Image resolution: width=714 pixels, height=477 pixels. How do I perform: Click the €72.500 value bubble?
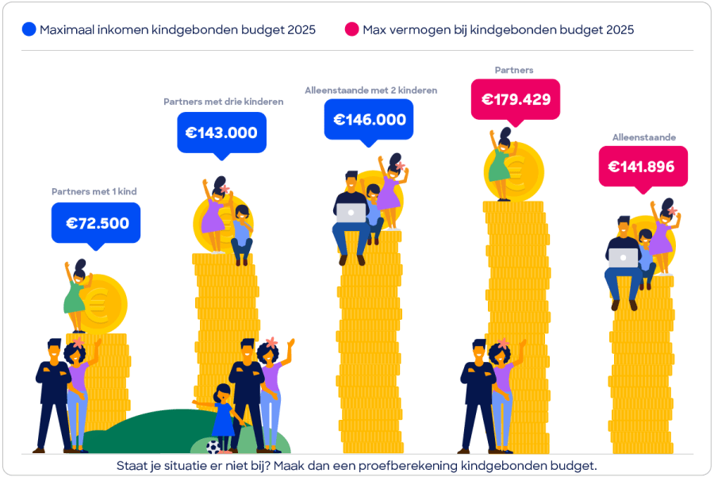96,223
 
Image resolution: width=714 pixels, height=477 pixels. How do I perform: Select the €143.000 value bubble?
221,133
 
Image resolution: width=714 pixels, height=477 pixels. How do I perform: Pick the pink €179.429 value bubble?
516,100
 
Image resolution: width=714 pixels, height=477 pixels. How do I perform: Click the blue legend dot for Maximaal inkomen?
29,29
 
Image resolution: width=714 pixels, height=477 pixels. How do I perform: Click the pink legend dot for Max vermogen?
352,29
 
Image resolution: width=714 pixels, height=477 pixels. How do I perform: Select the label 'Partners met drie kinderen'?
223,102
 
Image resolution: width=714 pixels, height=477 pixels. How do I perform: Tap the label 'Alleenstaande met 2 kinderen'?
370,90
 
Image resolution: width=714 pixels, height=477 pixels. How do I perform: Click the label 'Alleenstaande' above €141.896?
643,137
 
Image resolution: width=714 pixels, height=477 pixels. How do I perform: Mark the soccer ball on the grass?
213,446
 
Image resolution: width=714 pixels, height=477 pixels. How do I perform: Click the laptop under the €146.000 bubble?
351,213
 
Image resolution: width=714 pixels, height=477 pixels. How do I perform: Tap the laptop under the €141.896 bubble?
624,257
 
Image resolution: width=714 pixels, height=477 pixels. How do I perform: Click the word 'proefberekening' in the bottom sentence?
411,465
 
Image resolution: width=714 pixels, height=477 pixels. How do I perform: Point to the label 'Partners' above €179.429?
514,70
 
